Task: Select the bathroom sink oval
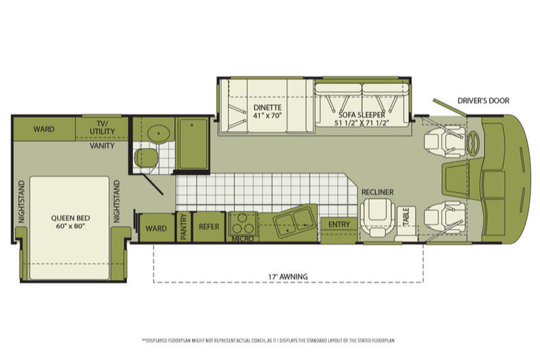tap(159, 132)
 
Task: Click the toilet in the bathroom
tap(146, 158)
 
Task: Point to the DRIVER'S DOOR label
tap(483, 101)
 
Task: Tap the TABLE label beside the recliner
tap(406, 217)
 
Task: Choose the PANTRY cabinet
tap(184, 227)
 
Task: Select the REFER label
tap(209, 227)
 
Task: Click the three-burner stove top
tap(242, 224)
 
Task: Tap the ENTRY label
tap(339, 224)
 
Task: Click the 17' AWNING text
tap(288, 277)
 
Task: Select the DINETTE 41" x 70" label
tap(267, 111)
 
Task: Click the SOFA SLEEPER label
tap(362, 119)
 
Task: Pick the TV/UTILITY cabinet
tap(102, 128)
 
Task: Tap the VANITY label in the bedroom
tap(102, 146)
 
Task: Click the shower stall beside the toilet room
tap(193, 144)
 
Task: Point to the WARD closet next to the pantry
tap(157, 228)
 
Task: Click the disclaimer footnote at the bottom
tap(268, 341)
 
